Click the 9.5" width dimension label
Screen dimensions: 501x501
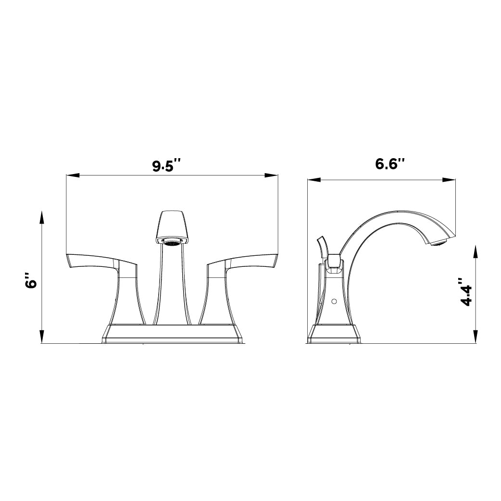coord(167,166)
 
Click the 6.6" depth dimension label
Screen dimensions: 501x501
coord(389,164)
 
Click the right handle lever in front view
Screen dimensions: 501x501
coord(245,262)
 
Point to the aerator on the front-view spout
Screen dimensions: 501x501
coord(172,242)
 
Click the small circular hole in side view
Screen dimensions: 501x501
coord(333,301)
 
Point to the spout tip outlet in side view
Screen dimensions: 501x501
coord(438,243)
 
